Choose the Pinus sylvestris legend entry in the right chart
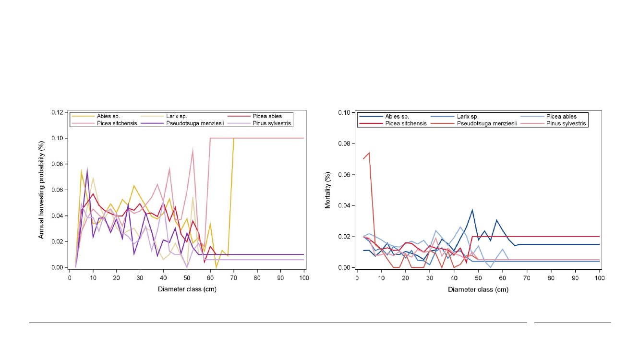coord(570,123)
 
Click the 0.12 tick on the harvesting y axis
coord(59,113)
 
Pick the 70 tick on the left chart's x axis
coord(234,278)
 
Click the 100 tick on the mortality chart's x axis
coord(600,278)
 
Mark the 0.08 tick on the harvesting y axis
coord(59,164)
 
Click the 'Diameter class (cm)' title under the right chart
coord(478,289)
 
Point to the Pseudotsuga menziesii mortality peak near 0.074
coord(369,153)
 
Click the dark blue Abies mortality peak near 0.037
coord(472,210)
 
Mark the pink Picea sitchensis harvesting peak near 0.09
coord(193,150)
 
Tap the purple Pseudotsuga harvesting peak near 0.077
coord(87,168)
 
